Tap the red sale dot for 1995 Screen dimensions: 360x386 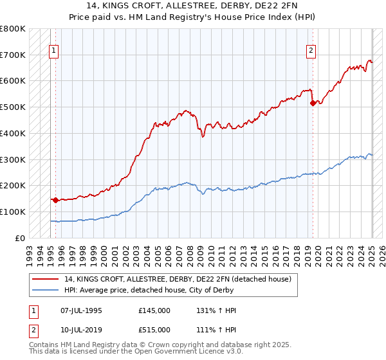tap(55, 200)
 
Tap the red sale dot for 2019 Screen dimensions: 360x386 tap(313, 102)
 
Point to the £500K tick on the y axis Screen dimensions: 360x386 tap(13, 107)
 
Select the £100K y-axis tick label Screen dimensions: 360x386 tap(13, 212)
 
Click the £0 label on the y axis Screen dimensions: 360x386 tap(21, 238)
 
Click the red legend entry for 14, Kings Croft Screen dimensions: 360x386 tap(178, 279)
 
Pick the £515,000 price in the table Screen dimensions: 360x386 tap(154, 329)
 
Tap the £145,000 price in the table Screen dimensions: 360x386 tap(154, 310)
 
